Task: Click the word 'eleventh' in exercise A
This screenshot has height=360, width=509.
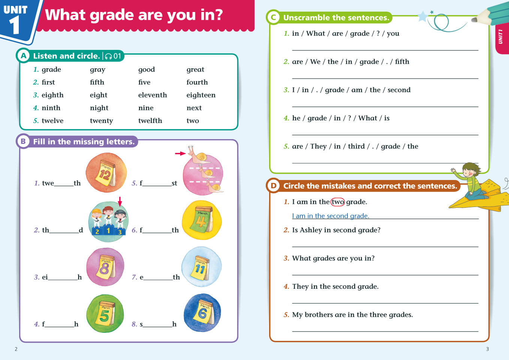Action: tap(152, 95)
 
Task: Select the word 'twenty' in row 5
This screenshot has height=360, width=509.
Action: tap(101, 121)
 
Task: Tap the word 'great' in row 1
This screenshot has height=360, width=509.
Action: tap(195, 70)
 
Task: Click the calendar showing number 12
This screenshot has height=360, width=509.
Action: tap(106, 173)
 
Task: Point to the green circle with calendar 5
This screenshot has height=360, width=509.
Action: tap(105, 313)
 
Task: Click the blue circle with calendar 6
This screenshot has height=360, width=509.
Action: tap(202, 313)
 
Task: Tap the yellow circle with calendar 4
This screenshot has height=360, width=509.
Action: tap(202, 220)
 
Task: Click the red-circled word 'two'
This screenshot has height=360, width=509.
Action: tap(337, 202)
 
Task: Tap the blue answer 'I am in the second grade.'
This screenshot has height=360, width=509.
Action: tap(331, 216)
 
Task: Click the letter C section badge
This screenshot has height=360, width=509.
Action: tap(273, 17)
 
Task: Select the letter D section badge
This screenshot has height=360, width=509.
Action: tap(273, 186)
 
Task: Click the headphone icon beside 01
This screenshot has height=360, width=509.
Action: tap(108, 56)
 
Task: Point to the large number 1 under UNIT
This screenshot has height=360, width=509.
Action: tap(14, 25)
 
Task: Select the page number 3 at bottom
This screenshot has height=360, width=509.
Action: tap(487, 349)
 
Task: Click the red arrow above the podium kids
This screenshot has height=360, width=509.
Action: tap(120, 201)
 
